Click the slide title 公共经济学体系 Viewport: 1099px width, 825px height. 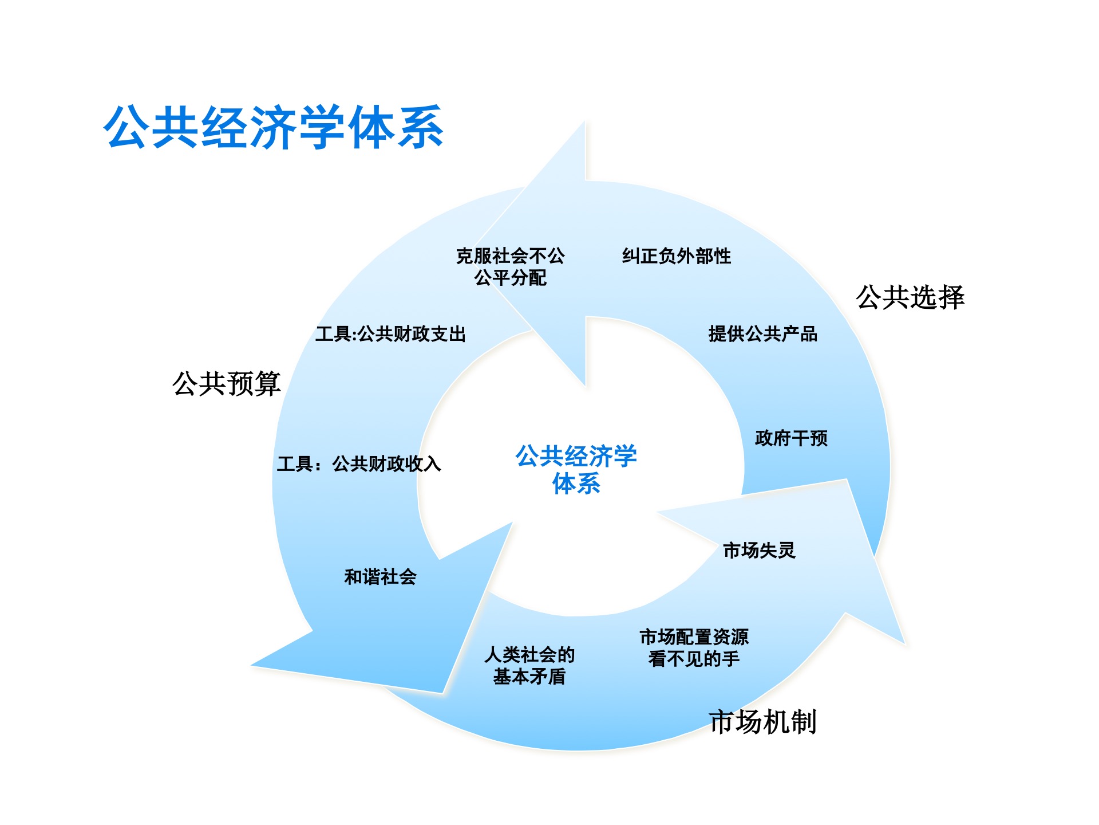tap(274, 127)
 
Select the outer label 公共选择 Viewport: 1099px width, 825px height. tap(910, 297)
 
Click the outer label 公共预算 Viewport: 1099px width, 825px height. tap(227, 383)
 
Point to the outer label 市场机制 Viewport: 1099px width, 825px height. tap(762, 721)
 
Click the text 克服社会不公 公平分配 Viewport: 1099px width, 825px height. tap(510, 267)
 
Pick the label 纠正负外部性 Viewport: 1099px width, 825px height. tap(677, 256)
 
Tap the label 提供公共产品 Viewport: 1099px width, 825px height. tap(762, 334)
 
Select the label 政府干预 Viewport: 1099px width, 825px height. tap(791, 438)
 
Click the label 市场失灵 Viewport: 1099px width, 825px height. tap(759, 551)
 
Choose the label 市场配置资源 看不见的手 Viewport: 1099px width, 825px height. tap(694, 648)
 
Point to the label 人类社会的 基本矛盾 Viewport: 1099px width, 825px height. tap(529, 666)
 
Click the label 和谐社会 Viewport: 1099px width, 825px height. tap(380, 577)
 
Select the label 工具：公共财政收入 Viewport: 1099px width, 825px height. tap(359, 463)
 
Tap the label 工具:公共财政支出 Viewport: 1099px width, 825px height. tap(390, 334)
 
